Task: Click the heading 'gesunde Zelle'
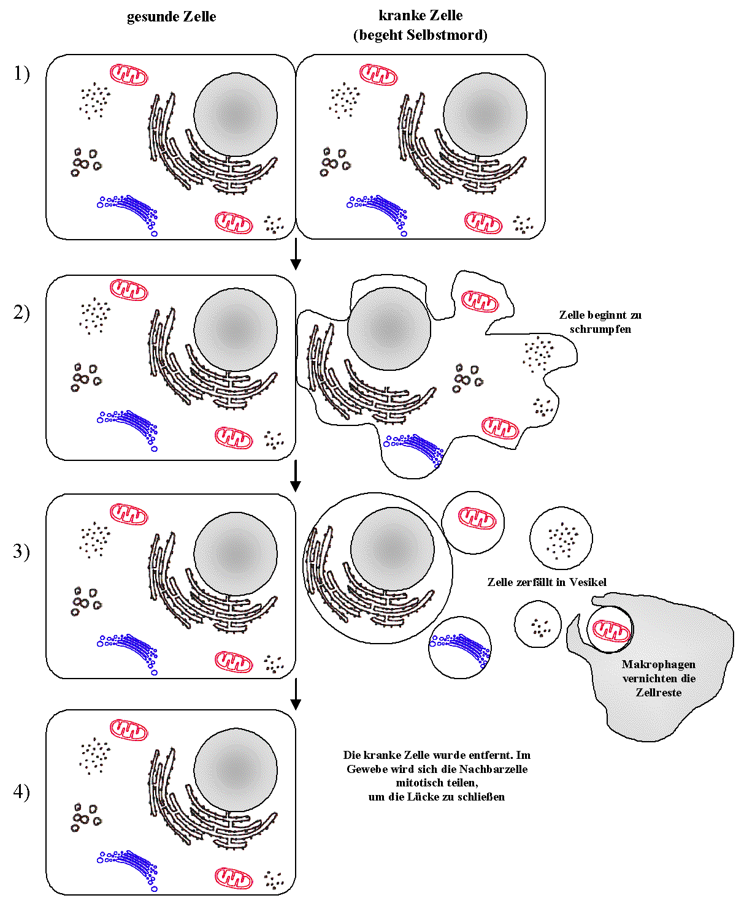pos(171,17)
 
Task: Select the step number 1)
pos(21,74)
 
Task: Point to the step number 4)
pos(21,791)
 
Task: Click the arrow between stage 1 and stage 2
pos(296,254)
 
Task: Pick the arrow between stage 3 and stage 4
pos(296,694)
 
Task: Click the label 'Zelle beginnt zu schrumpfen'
pos(600,322)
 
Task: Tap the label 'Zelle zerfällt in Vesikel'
pos(546,582)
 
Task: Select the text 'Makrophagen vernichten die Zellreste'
pos(659,678)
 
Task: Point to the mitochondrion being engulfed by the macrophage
pos(611,630)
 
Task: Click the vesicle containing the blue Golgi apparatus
pos(460,649)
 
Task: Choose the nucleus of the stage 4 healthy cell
pos(236,769)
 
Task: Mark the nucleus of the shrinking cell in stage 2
pos(389,329)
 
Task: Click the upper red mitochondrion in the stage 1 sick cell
pos(378,75)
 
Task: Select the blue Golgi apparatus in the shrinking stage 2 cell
pos(414,447)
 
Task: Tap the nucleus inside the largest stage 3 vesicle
pos(392,549)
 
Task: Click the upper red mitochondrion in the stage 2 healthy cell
pos(129,289)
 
